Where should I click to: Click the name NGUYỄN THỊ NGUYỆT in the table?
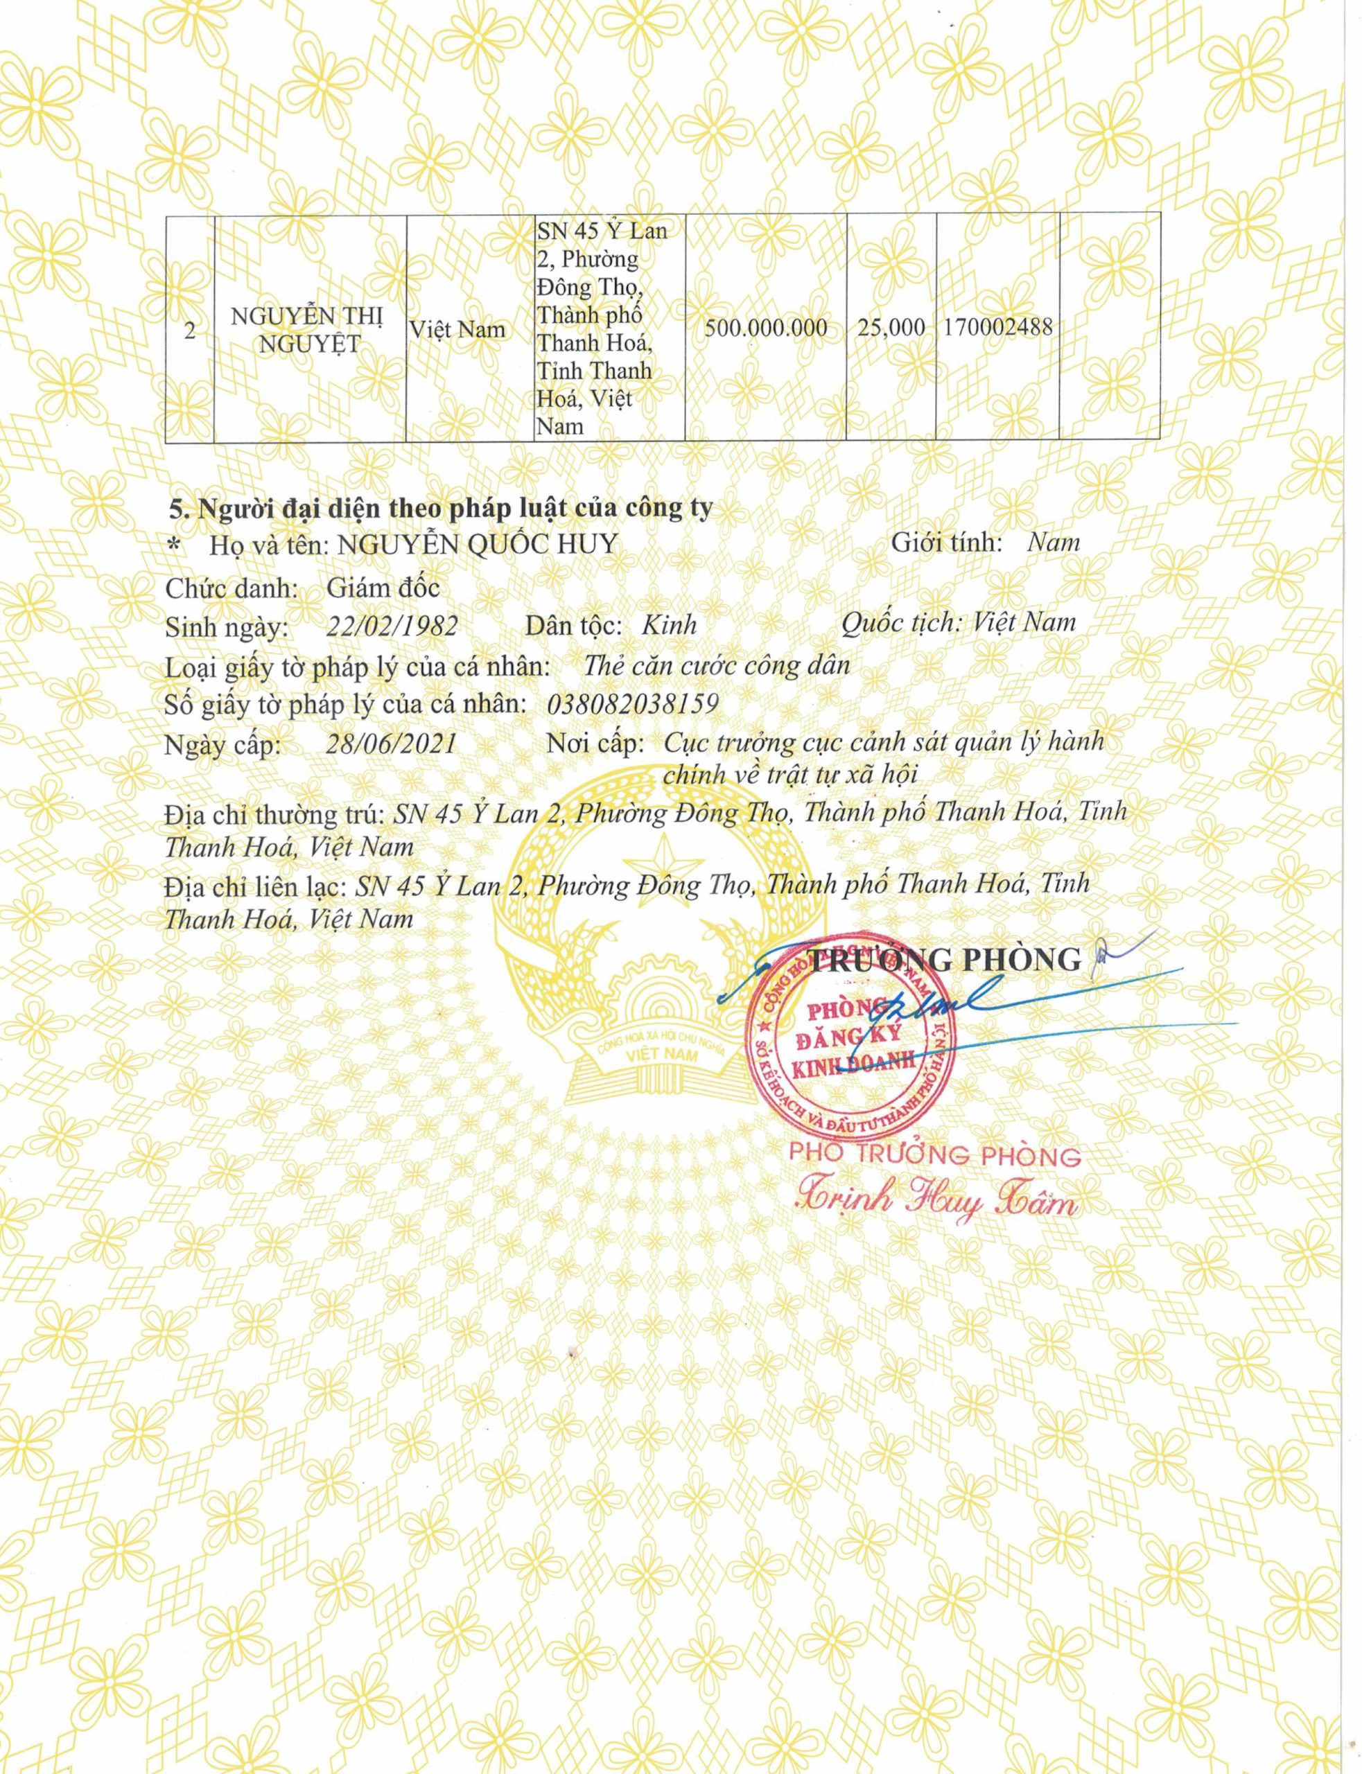coord(306,329)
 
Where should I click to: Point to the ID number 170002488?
coord(998,327)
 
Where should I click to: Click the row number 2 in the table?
coord(189,331)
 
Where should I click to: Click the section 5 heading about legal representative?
coord(440,508)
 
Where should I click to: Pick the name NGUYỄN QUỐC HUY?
coord(478,545)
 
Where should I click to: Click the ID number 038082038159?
coord(632,703)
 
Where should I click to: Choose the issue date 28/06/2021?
coord(391,743)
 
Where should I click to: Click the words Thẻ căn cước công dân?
coord(717,665)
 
